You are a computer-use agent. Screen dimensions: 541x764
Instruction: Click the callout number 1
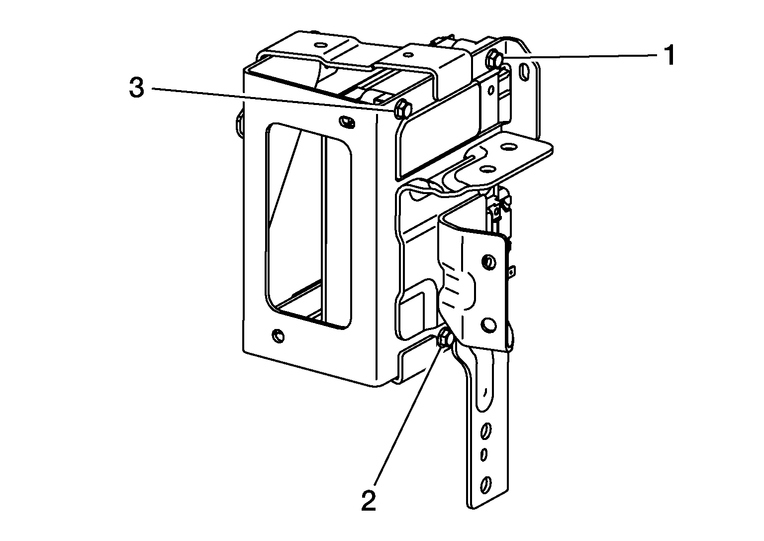click(x=669, y=56)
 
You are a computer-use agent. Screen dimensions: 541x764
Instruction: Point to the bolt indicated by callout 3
click(x=402, y=110)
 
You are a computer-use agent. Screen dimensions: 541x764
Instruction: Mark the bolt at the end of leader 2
click(x=445, y=340)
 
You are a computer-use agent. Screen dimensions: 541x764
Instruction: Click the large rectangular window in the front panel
click(x=308, y=226)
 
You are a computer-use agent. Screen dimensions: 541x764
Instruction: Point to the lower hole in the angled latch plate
click(x=489, y=325)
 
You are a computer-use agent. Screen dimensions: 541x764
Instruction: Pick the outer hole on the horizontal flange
click(x=508, y=147)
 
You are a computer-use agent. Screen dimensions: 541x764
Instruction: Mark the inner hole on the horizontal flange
click(x=487, y=169)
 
